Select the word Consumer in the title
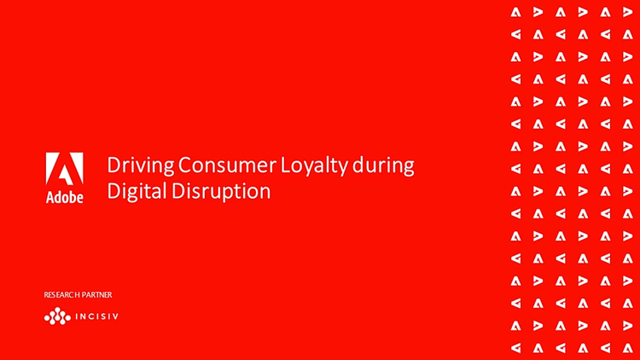coord(227,165)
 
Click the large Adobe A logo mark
coord(65,169)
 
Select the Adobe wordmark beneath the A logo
coord(65,197)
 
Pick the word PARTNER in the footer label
coord(97,294)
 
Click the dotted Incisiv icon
coord(57,316)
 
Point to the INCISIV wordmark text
coord(97,316)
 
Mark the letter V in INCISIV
coord(115,316)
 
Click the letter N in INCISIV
coord(84,316)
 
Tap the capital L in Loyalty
coord(284,165)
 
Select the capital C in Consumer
coord(184,165)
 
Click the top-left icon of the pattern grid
coord(516,12)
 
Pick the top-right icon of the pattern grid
coord(628,12)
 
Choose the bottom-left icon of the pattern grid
coord(516,348)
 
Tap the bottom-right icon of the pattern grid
coord(628,348)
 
